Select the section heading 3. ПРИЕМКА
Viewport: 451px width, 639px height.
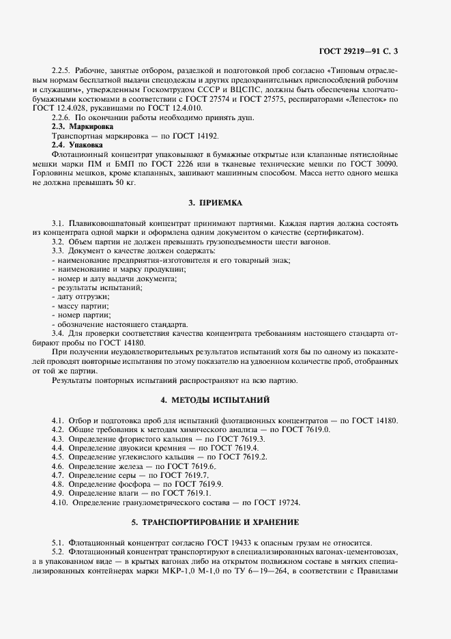(x=216, y=202)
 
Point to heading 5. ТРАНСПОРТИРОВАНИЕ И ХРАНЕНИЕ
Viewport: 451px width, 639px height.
(x=216, y=522)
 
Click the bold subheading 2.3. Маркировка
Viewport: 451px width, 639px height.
(x=83, y=127)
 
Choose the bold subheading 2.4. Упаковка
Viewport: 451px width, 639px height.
(x=78, y=145)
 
